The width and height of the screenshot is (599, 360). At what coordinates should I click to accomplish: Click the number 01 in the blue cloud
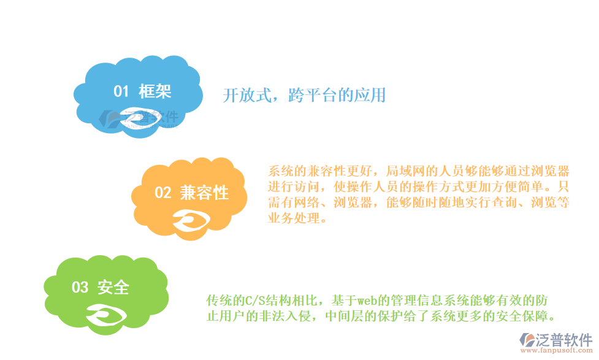(121, 92)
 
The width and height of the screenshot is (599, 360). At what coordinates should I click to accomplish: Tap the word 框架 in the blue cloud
(155, 92)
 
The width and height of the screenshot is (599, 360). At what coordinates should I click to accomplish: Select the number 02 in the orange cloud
(162, 193)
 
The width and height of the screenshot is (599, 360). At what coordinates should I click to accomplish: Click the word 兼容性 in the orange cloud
(204, 193)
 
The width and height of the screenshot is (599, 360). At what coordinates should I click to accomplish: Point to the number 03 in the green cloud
(80, 287)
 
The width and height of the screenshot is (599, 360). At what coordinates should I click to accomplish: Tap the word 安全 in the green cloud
(113, 287)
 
